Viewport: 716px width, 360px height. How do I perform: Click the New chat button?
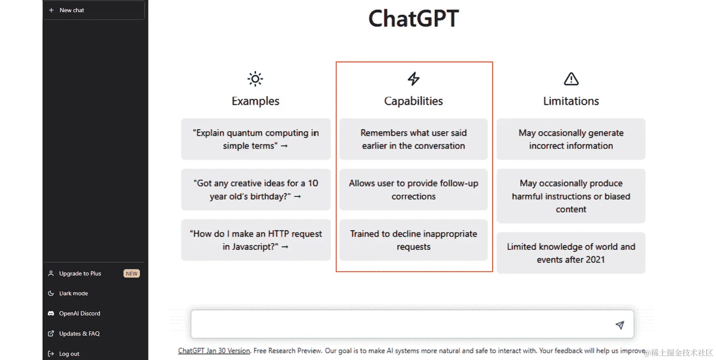tap(93, 10)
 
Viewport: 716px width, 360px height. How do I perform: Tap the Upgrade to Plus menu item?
tap(80, 273)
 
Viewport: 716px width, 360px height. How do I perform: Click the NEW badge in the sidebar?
tap(131, 273)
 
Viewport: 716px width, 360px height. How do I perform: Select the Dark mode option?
tap(73, 293)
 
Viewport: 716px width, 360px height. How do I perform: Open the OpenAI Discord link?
tap(79, 313)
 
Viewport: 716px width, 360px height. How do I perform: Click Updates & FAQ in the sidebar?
tap(79, 334)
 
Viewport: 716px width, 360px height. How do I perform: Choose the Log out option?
tap(69, 353)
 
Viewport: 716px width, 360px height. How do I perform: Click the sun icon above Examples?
tap(255, 79)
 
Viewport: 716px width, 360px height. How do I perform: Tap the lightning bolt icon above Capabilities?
tap(414, 79)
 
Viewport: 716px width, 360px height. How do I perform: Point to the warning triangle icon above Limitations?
tap(571, 79)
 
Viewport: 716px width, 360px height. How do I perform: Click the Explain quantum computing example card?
tap(256, 139)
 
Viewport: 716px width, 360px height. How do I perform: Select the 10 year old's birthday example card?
tap(256, 190)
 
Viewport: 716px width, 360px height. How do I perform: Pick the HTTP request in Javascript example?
tap(256, 240)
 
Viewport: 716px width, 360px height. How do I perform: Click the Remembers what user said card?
tap(414, 139)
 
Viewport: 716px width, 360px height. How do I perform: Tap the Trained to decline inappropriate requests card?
tap(414, 240)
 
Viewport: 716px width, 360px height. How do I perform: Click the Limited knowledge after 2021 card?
tap(571, 253)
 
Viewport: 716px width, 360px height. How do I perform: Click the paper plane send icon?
tap(620, 325)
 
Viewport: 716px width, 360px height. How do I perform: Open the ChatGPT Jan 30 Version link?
tap(214, 350)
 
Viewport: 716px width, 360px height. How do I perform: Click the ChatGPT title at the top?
tap(414, 19)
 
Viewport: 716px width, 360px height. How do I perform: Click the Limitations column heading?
tap(571, 101)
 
